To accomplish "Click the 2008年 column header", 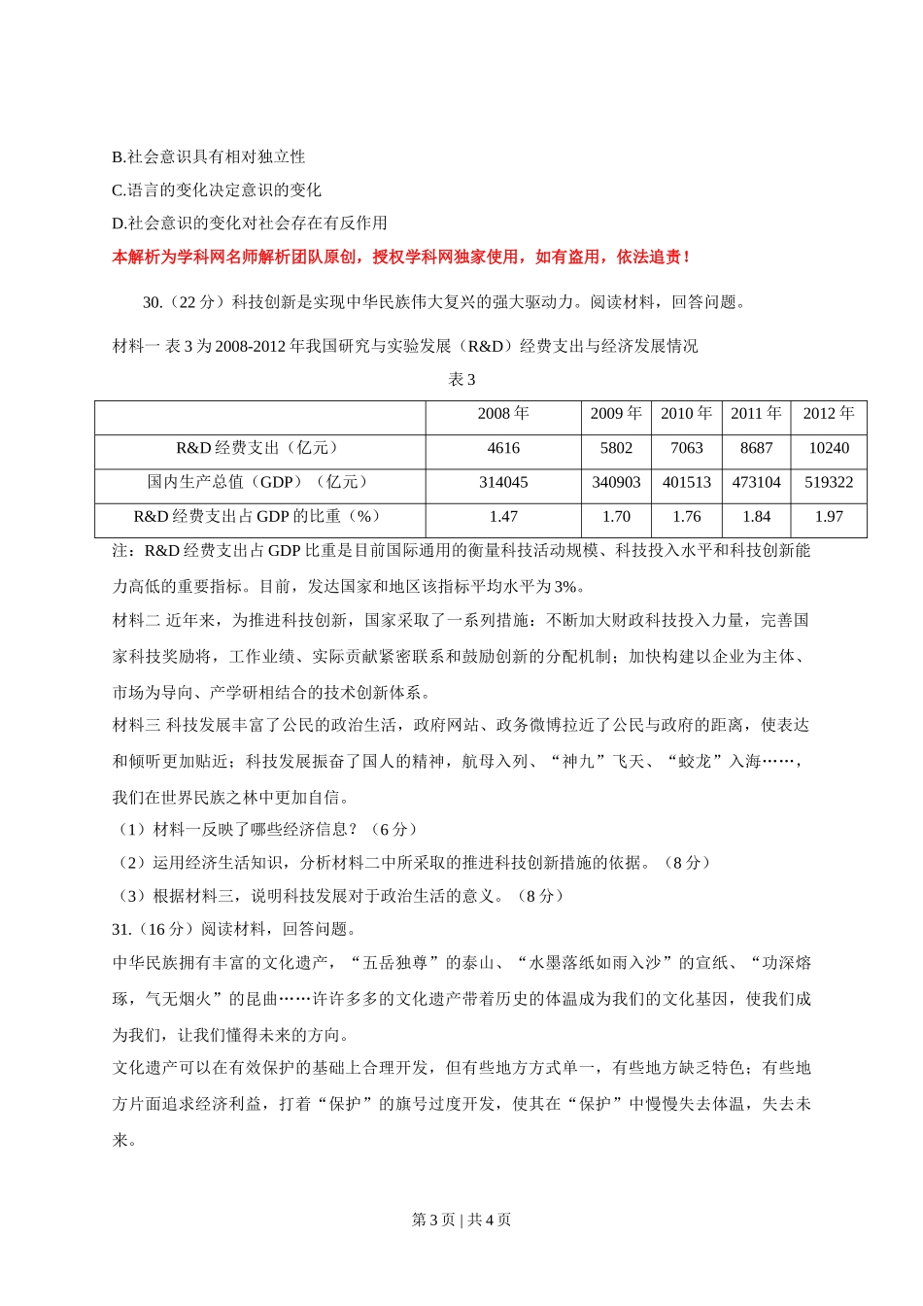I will pos(503,414).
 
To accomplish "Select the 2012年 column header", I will pos(829,414).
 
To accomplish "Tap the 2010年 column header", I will pos(686,414).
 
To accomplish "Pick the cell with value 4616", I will pos(503,448).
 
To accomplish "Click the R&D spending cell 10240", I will pos(829,448).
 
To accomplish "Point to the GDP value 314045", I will pos(503,482).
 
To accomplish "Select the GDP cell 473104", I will pos(756,482).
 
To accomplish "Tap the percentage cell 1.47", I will pos(503,517).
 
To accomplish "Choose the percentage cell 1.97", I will pos(829,517).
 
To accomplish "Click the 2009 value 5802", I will pos(616,448).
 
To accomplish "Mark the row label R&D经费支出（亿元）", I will pos(259,448).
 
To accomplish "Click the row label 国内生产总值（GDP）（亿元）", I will pos(259,482).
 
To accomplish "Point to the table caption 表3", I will pos(461,380).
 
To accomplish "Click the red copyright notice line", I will pos(401,258).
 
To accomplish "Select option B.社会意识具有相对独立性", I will pos(209,156).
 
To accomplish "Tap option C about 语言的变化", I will pos(217,189).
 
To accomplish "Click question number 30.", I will pos(153,302).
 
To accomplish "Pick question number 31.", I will pos(121,929).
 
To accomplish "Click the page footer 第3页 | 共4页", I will pos(461,1220).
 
